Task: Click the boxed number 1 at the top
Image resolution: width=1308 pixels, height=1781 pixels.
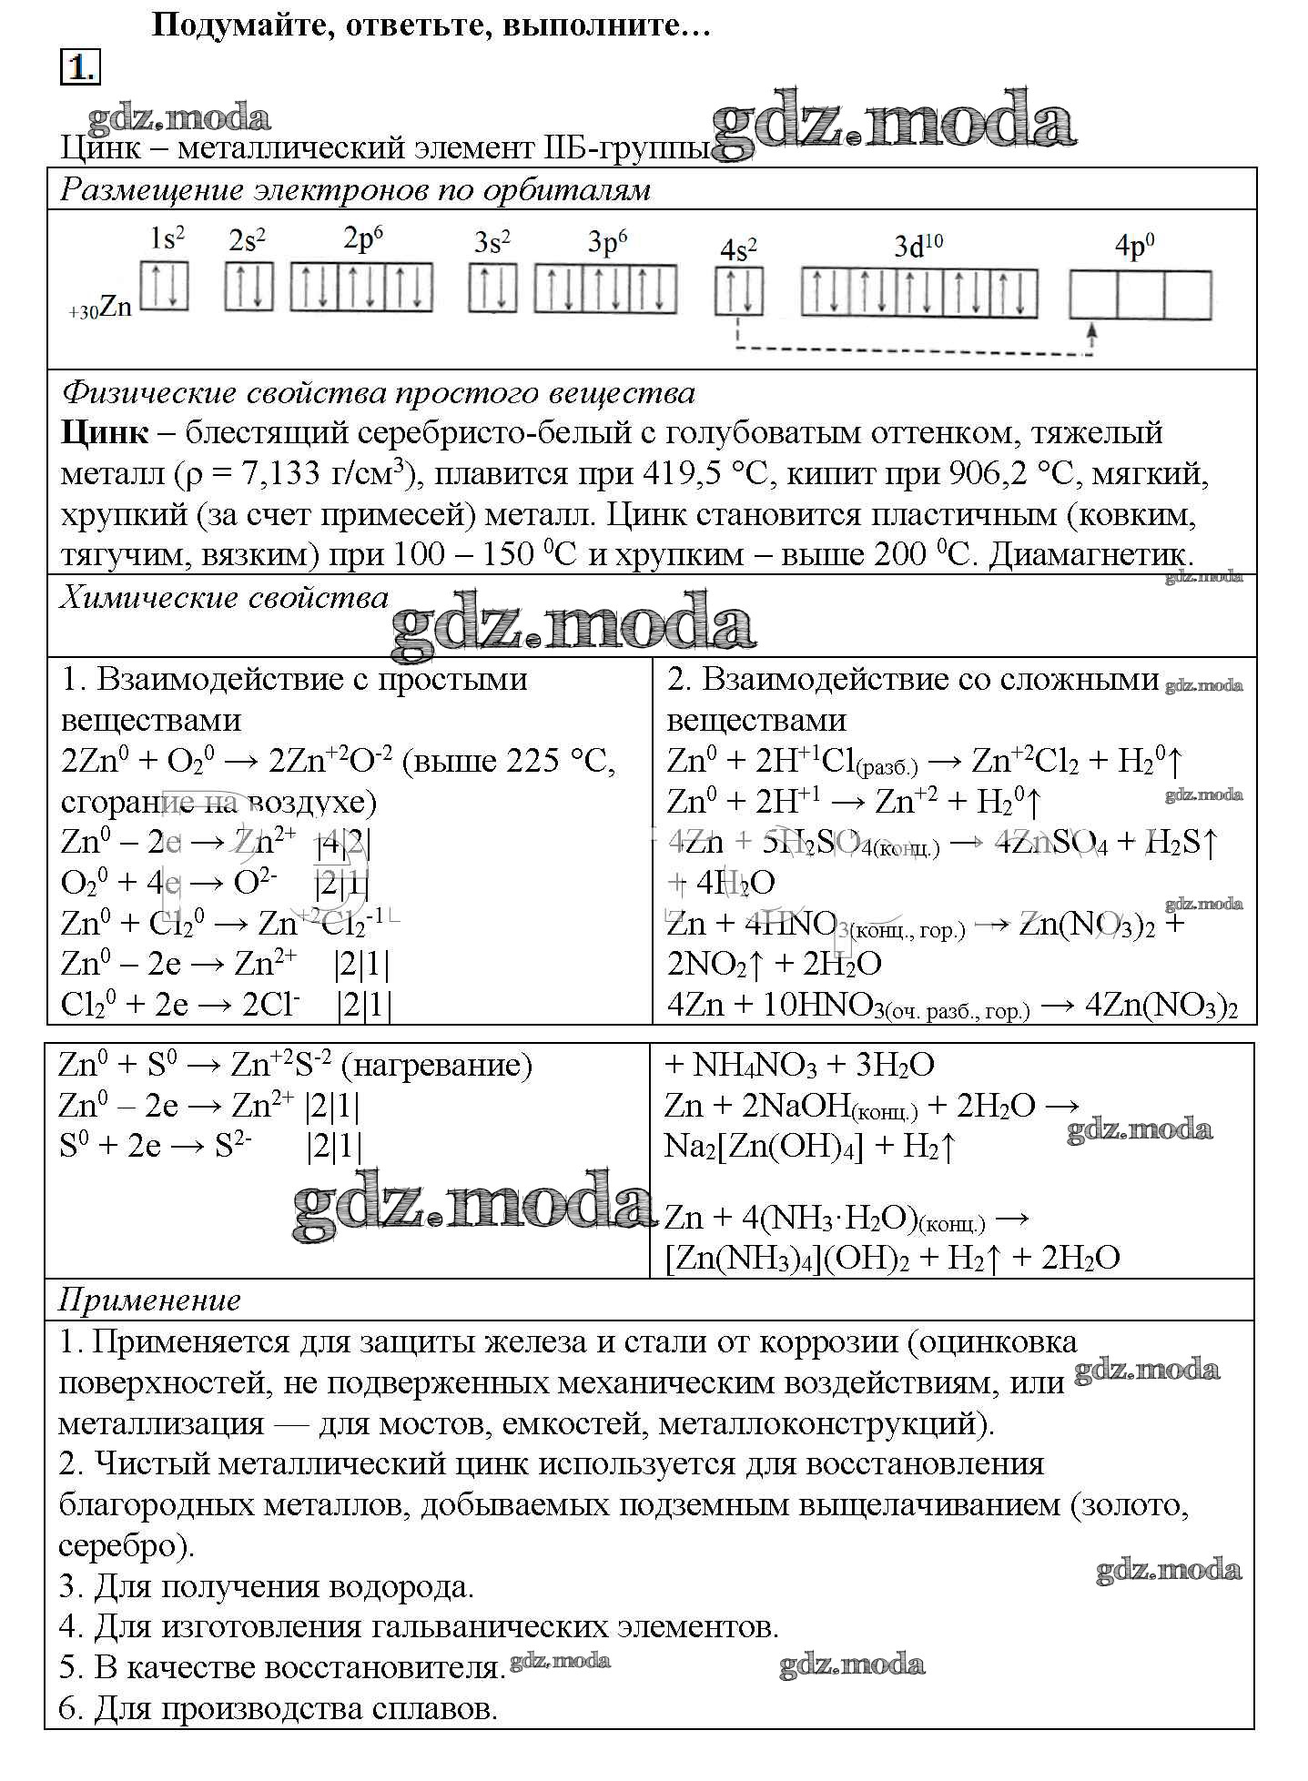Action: point(80,68)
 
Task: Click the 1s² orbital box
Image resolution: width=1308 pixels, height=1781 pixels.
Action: point(165,286)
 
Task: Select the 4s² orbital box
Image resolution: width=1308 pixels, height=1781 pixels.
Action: point(739,292)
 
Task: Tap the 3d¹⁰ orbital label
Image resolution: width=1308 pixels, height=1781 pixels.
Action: point(918,247)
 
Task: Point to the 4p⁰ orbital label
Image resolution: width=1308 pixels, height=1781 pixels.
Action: point(1134,247)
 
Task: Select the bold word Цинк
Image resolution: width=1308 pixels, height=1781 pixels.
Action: point(105,432)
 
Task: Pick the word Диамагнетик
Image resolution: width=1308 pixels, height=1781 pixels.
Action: point(1090,555)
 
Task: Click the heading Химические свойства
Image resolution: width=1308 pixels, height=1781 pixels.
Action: point(224,598)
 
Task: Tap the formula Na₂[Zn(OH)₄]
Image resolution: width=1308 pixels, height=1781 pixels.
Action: point(764,1147)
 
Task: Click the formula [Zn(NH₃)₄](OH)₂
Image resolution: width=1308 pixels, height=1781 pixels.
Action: point(788,1259)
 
